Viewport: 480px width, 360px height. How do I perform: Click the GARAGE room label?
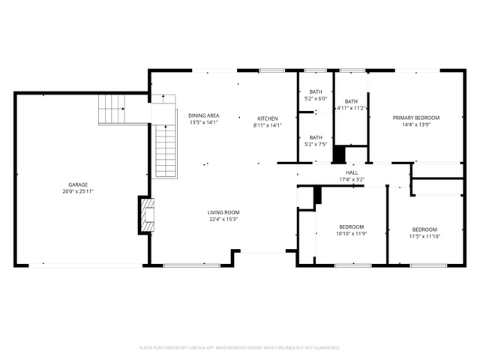78,184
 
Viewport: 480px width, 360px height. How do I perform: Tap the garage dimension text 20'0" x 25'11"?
78,192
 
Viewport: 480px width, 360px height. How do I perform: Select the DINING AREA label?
203,115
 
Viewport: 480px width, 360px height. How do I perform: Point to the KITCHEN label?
268,118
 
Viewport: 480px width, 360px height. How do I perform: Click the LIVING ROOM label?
223,212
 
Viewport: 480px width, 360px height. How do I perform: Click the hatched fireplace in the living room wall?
147,215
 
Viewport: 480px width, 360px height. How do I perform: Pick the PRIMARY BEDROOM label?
416,118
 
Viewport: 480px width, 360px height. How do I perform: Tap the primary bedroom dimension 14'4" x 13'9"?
416,124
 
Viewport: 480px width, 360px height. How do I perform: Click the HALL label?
352,172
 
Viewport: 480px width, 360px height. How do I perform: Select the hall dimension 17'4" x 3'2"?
352,180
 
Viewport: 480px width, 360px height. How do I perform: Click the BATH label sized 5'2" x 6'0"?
316,91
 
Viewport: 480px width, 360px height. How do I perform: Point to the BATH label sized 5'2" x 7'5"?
316,138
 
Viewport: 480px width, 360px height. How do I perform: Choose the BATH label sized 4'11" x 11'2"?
351,101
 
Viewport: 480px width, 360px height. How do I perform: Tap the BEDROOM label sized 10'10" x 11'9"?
352,226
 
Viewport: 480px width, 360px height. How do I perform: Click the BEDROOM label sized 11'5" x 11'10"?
424,229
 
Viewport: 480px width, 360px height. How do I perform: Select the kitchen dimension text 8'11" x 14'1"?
268,125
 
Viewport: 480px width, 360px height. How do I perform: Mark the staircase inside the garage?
112,109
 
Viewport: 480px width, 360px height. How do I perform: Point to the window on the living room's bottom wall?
192,265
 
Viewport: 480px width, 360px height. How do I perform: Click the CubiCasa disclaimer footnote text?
240,348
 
